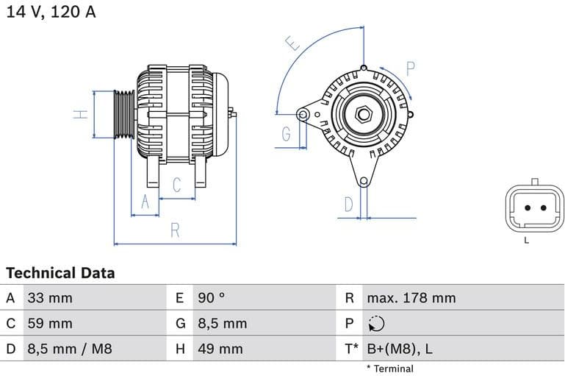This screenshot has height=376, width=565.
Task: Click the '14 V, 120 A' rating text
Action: [x=51, y=13]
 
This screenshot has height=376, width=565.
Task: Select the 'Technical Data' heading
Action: [x=60, y=273]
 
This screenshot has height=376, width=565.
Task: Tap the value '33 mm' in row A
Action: [x=50, y=298]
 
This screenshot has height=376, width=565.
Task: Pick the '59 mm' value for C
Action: [x=50, y=324]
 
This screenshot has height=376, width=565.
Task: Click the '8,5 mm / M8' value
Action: [x=70, y=349]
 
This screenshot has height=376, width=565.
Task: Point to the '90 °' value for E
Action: [x=212, y=298]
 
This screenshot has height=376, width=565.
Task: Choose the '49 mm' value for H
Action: [x=220, y=349]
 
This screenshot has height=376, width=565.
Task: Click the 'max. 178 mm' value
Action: [x=411, y=298]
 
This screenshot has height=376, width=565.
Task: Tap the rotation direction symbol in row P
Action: [x=375, y=324]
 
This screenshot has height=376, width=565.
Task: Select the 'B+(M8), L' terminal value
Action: [x=400, y=349]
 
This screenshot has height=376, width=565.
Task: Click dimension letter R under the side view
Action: [x=175, y=230]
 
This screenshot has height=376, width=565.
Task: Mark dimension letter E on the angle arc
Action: [x=293, y=44]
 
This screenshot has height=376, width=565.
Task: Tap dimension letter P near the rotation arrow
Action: [x=411, y=69]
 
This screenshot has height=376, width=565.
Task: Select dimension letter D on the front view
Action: [x=349, y=204]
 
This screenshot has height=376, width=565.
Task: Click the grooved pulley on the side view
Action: [x=124, y=115]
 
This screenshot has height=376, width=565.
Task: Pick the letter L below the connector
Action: [x=526, y=241]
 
